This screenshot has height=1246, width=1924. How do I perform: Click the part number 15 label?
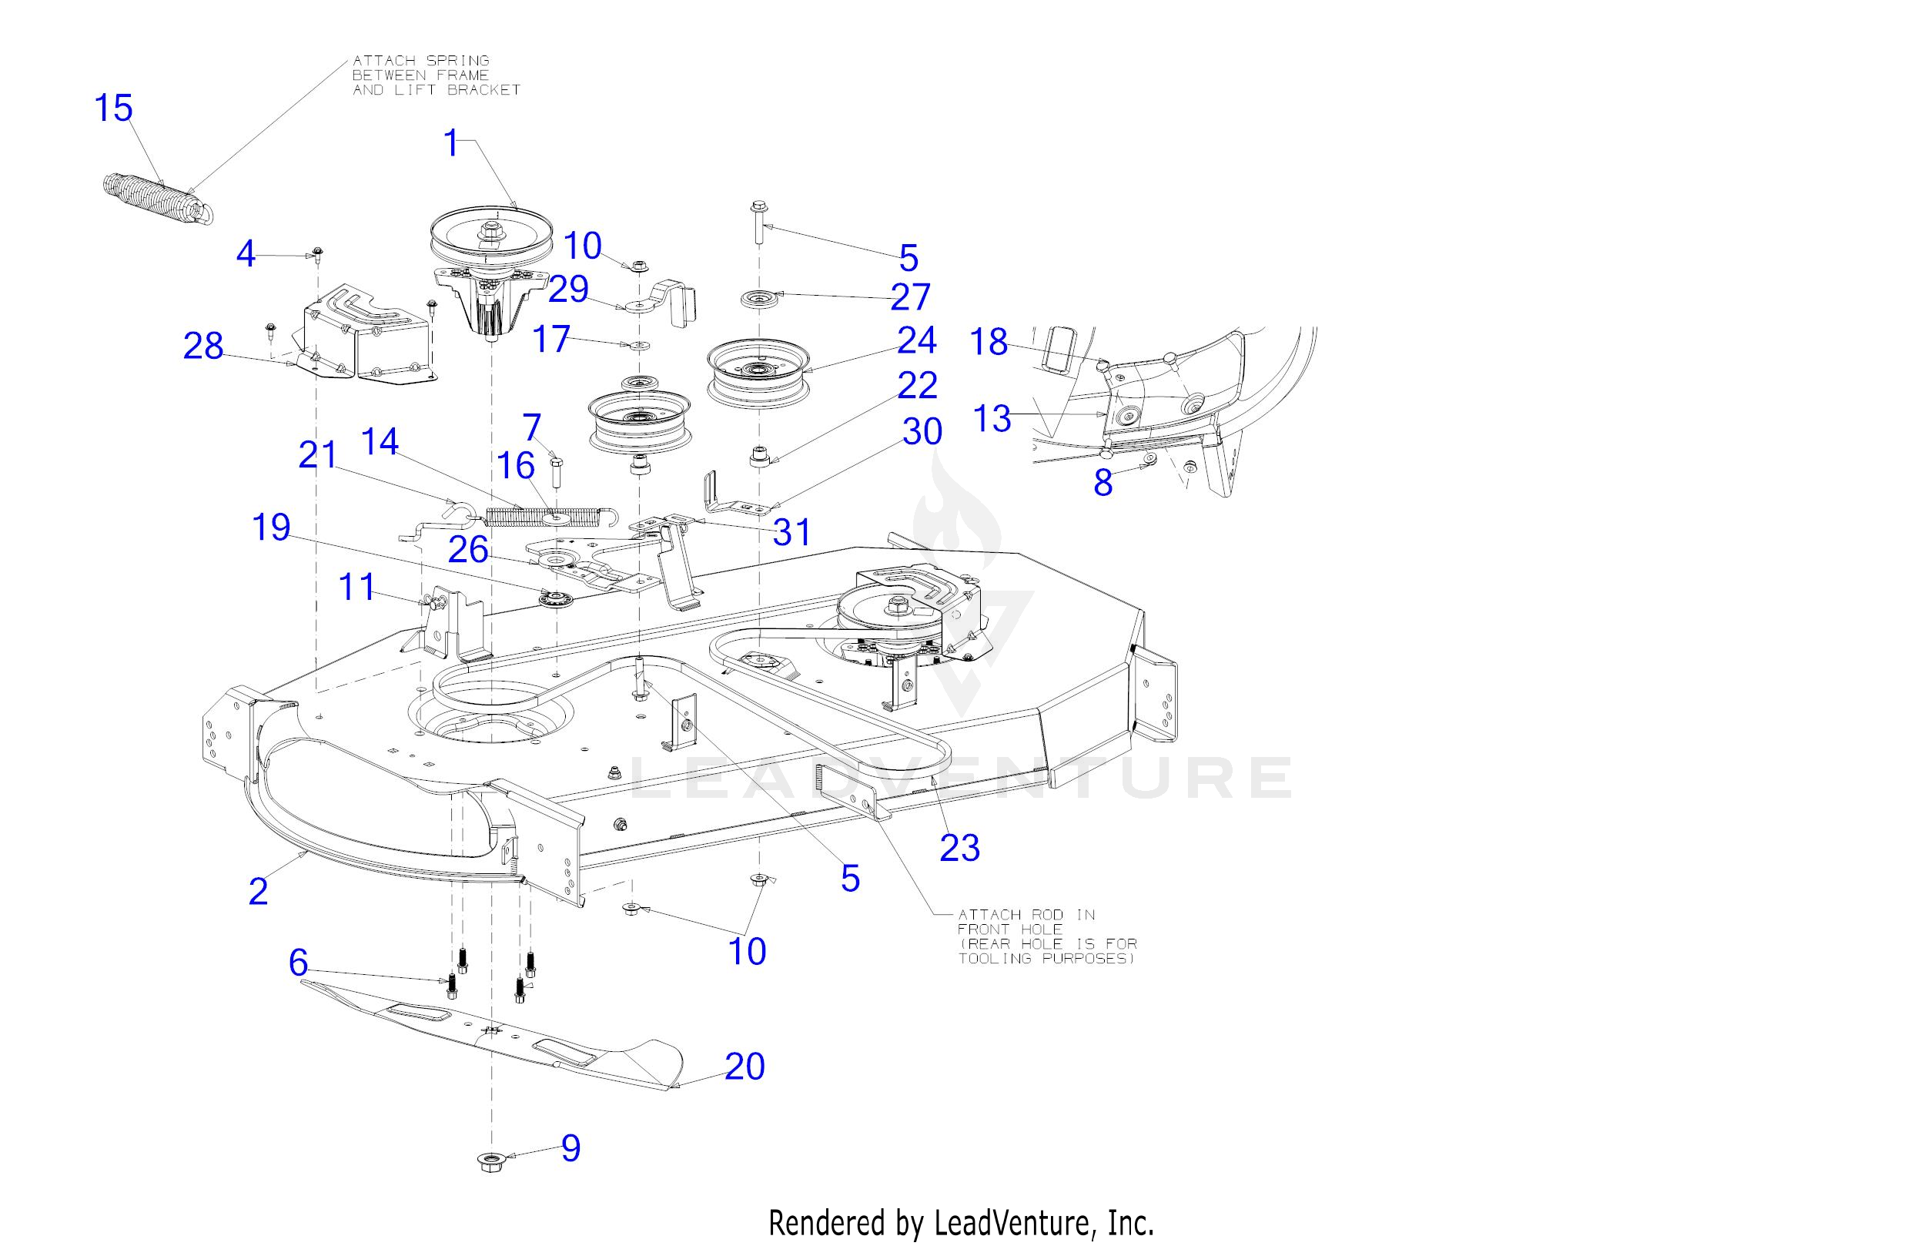113,109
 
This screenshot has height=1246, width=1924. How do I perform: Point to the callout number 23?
959,848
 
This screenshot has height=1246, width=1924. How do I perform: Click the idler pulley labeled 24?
758,372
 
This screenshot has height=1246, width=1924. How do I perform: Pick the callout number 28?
203,346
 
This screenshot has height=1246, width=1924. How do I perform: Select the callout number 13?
992,419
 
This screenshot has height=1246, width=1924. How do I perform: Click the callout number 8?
1103,483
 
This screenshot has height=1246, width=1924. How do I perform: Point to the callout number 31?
791,532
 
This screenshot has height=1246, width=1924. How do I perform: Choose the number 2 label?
258,891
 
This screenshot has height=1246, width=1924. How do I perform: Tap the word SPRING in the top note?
457,61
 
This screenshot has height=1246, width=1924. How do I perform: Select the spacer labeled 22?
758,456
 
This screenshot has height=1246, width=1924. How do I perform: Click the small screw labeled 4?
317,253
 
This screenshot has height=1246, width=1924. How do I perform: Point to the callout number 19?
272,528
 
